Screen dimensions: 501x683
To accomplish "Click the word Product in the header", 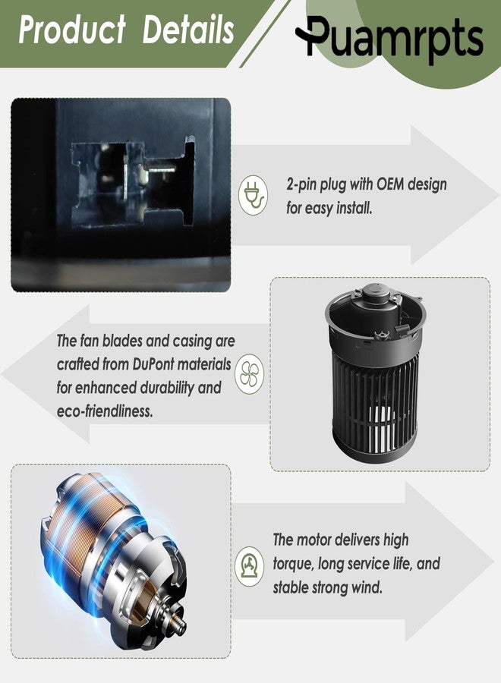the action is point(72,30).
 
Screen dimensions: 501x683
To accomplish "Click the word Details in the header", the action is point(189,30).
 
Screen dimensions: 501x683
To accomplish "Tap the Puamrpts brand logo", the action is point(389,38).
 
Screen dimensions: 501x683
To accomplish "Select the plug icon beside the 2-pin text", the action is point(253,195).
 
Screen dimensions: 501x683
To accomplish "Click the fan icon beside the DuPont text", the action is point(249,374).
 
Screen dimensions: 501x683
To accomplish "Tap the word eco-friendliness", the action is point(105,411).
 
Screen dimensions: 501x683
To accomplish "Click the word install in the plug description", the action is point(354,208).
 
